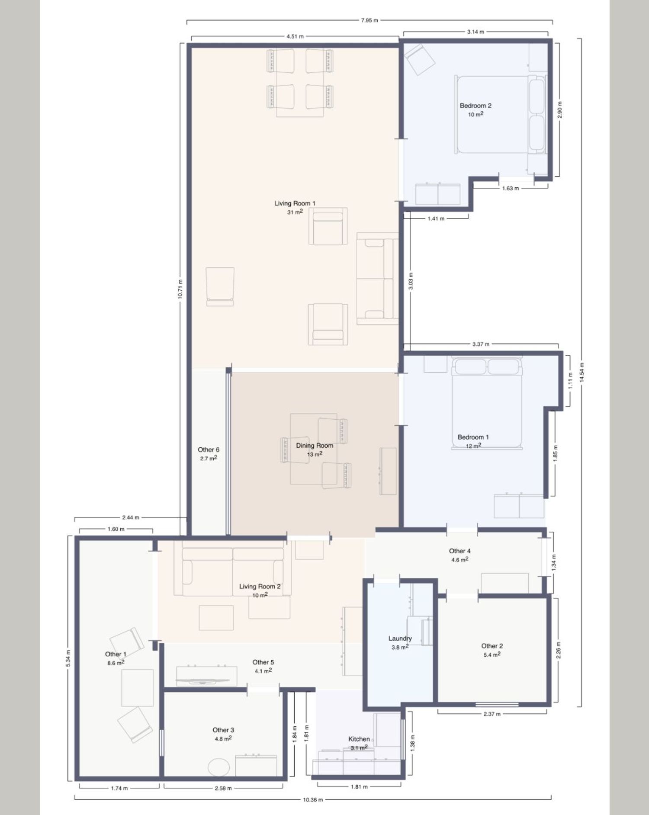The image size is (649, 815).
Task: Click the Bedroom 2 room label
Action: (x=476, y=106)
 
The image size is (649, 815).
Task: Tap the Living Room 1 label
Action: (x=295, y=203)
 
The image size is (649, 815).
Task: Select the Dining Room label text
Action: (x=315, y=446)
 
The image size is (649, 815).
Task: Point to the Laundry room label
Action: (x=400, y=639)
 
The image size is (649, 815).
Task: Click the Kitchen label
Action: (x=359, y=739)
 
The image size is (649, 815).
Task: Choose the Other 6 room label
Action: (x=209, y=450)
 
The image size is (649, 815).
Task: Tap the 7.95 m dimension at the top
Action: (x=369, y=20)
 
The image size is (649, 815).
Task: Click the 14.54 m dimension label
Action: (x=582, y=372)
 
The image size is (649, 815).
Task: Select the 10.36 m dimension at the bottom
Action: (x=313, y=800)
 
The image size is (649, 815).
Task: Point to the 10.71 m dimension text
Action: (x=180, y=289)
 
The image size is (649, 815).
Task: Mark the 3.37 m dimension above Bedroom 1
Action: (x=481, y=344)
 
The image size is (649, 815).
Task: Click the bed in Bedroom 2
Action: (x=501, y=115)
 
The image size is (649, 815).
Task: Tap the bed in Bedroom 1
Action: (x=487, y=403)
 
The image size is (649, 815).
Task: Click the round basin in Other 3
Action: (x=219, y=767)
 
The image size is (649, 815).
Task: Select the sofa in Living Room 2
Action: (x=233, y=572)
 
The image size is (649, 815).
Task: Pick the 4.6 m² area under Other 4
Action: (x=460, y=560)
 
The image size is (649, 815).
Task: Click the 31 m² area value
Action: (x=295, y=212)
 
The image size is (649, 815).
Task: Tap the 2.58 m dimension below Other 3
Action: (x=223, y=788)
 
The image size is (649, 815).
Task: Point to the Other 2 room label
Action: (x=492, y=646)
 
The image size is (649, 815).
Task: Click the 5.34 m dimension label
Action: (x=68, y=658)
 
